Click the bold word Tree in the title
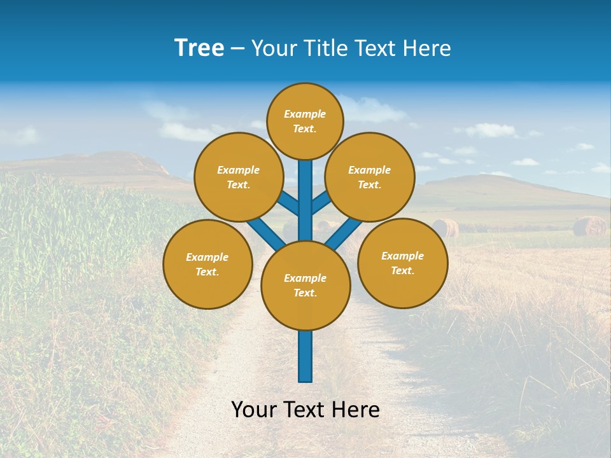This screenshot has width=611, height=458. coord(199,48)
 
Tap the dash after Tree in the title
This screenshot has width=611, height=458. coord(238,49)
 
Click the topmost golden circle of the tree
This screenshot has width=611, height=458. coord(305,121)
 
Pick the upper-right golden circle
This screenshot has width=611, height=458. coord(370,177)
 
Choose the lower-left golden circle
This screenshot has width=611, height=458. coord(207,264)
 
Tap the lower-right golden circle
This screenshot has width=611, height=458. coord(402,263)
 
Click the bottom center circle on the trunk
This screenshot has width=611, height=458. coord(305,286)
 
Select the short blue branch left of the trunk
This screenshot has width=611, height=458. coord(288,204)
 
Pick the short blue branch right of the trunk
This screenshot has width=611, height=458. coord(321,202)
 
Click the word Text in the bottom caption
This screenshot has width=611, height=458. coord(307,410)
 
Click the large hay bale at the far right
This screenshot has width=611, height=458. coord(589,226)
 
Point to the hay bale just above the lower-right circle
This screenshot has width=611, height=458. coord(445,227)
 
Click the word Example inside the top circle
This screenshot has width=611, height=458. coord(305,114)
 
